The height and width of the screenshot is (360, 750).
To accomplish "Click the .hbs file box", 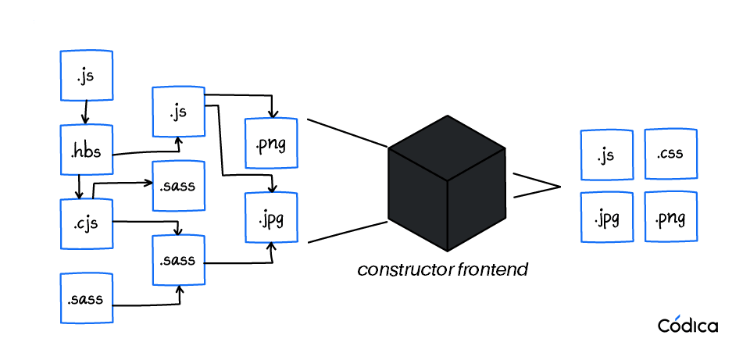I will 87,149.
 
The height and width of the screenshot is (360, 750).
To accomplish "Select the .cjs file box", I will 87,224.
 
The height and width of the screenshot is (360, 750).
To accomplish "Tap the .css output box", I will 670,155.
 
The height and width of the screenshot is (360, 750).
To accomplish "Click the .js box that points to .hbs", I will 87,77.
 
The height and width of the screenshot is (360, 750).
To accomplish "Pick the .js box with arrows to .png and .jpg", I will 178,112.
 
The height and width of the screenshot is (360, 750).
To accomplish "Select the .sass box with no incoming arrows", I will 87,298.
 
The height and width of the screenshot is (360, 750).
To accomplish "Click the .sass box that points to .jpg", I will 178,260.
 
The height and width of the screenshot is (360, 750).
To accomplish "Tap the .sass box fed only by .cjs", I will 178,186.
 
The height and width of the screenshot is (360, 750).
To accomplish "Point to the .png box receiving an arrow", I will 271,144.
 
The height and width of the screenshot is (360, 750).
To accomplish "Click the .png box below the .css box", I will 670,216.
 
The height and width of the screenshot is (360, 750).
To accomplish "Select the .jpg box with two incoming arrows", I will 271,216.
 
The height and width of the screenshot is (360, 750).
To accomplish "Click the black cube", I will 447,184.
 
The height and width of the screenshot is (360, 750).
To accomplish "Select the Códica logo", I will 687,325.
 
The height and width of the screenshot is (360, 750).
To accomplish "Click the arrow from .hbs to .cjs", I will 80,187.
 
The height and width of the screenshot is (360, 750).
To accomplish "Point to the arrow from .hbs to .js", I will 148,151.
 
